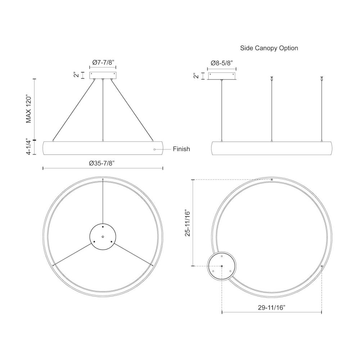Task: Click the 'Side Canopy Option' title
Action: pos(269,48)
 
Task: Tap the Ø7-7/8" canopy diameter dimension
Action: pos(103,62)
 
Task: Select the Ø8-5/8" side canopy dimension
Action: pos(222,63)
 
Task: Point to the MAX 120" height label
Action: pos(28,109)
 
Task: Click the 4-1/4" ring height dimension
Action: pos(28,147)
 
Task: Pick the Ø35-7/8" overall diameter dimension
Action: pos(102,163)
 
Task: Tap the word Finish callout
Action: pos(181,149)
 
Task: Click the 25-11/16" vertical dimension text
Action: pos(188,223)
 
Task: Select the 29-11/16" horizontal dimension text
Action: pos(271,307)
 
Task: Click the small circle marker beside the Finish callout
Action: pos(154,149)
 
